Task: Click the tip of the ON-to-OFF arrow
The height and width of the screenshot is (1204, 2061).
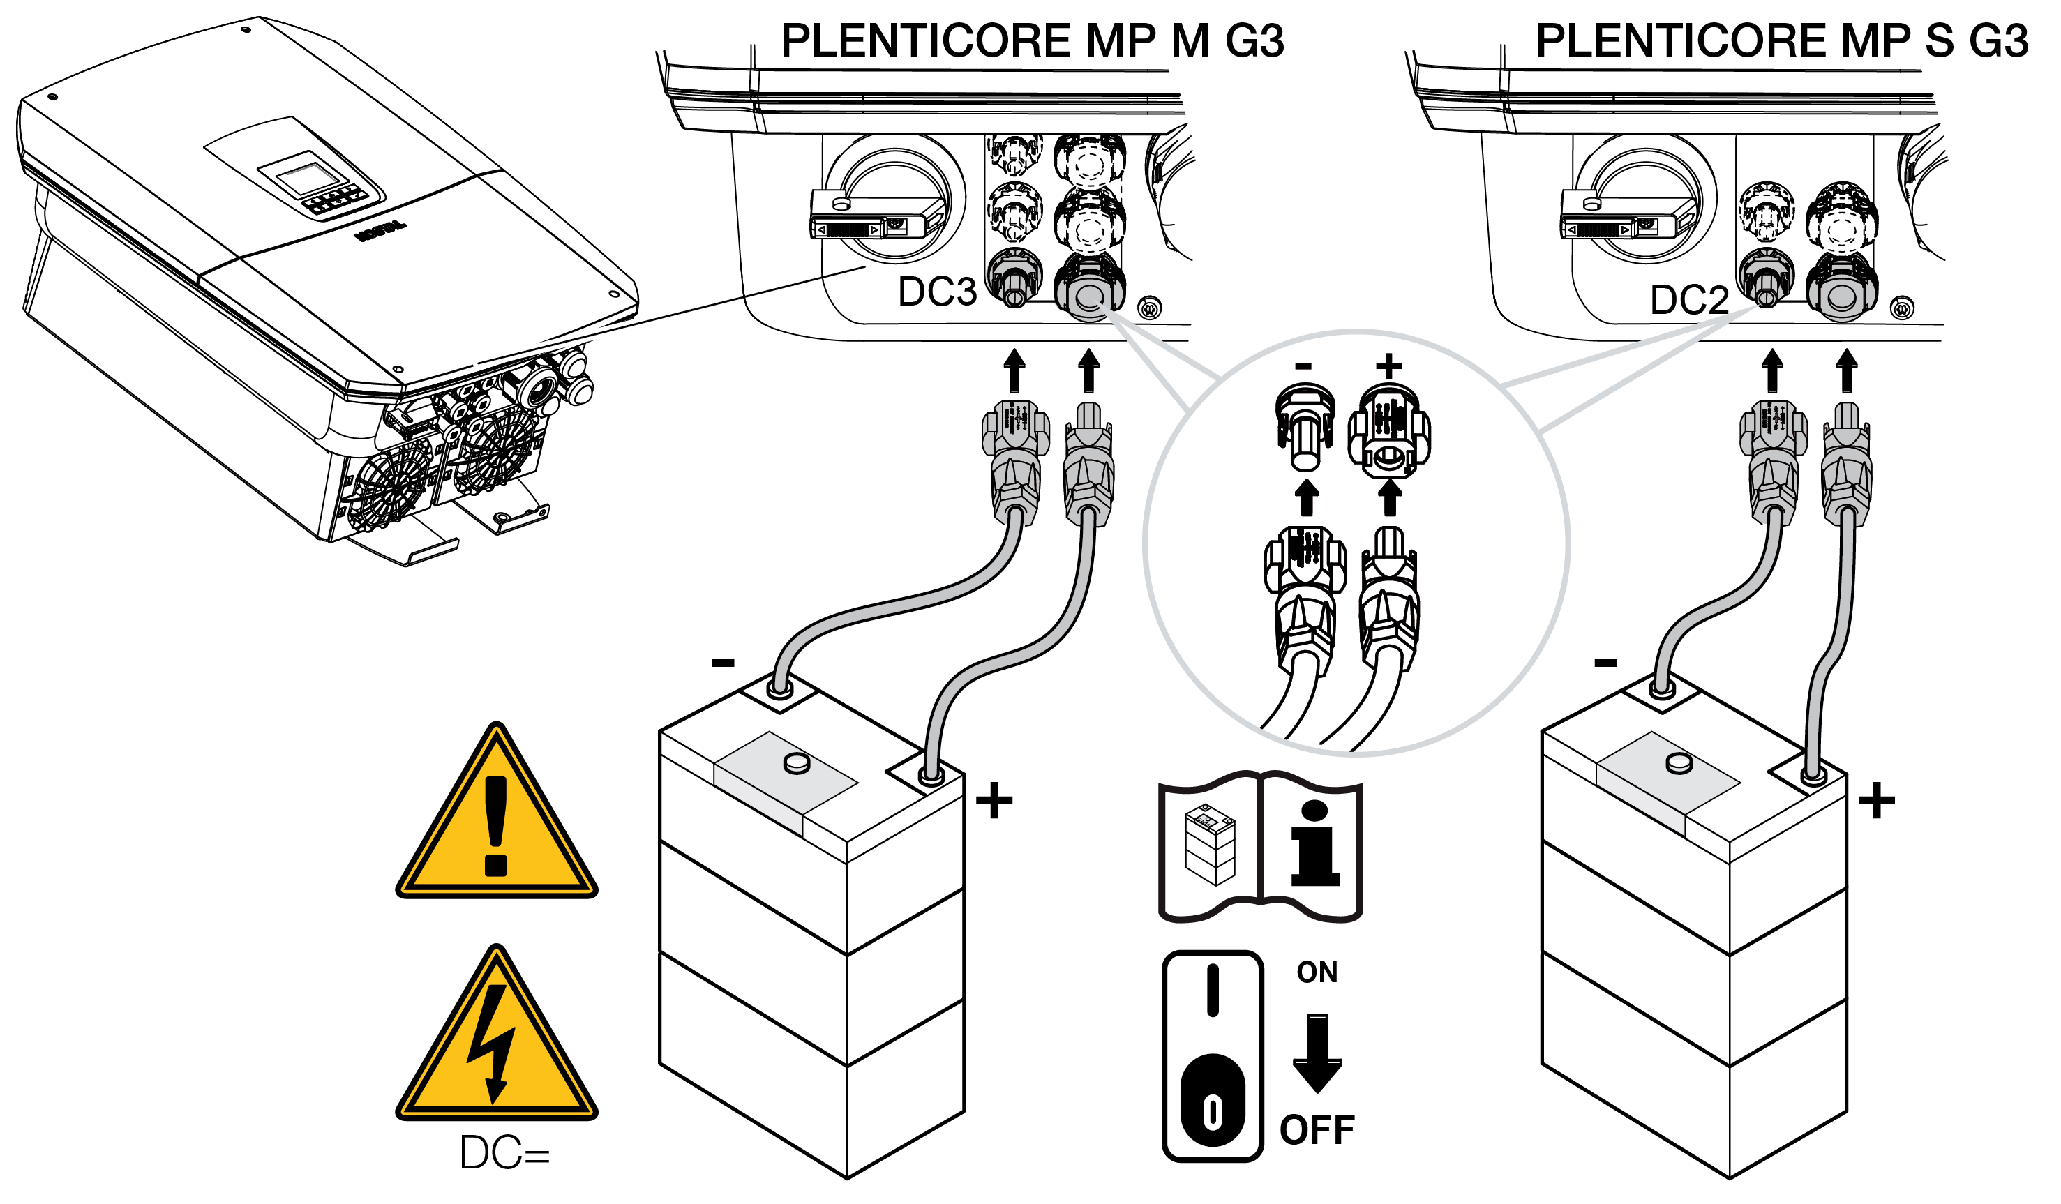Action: point(1317,1094)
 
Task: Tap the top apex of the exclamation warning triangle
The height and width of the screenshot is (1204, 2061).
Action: point(497,723)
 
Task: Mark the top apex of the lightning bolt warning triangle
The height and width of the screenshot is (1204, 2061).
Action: point(497,947)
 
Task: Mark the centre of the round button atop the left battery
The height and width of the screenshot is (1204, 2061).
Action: point(797,764)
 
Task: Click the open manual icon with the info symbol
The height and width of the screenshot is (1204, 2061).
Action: point(1260,847)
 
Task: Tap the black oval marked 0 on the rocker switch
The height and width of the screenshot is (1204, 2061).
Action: point(1213,1101)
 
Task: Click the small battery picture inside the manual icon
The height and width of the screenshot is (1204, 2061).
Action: point(1211,845)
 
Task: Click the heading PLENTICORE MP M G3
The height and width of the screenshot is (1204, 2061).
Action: point(1032,41)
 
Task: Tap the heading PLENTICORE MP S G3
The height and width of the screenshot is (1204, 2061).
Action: point(1782,41)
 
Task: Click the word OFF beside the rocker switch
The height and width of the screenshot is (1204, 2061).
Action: point(1317,1130)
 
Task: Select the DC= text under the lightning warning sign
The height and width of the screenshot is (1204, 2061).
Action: point(504,1153)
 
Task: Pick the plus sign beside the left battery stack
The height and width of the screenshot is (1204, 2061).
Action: point(994,800)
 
